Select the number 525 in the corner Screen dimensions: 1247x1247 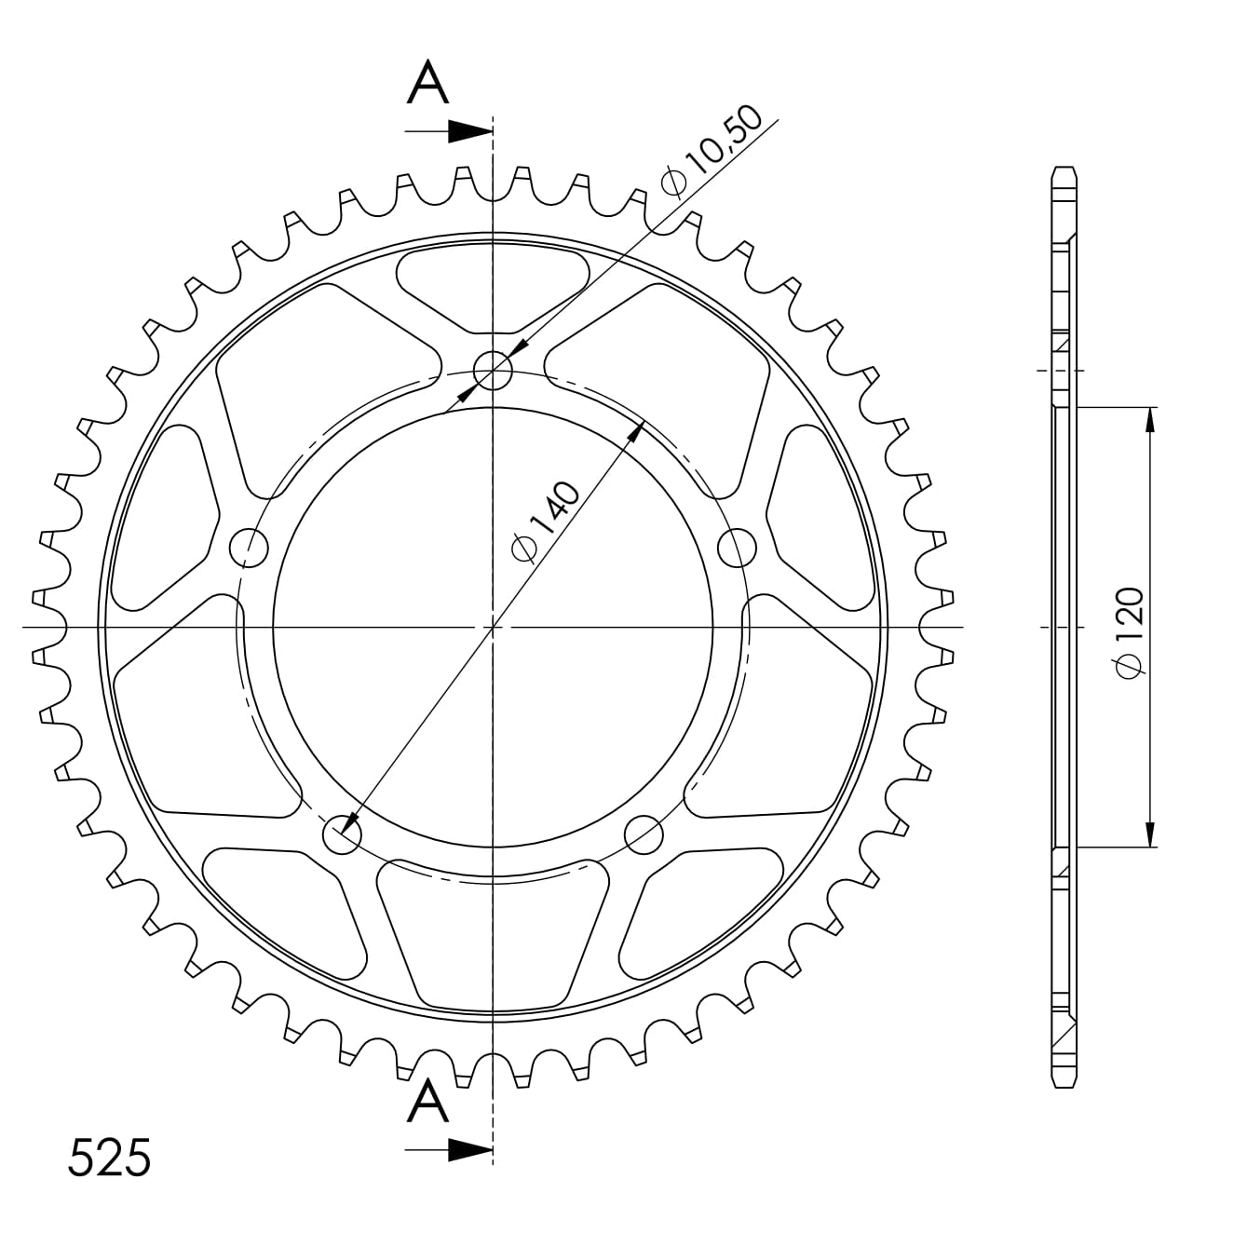click(x=110, y=1159)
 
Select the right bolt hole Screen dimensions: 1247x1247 click(x=738, y=546)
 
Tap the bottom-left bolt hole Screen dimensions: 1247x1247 click(x=341, y=834)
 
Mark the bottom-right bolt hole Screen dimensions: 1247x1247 click(x=644, y=834)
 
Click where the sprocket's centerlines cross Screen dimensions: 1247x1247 click(x=493, y=627)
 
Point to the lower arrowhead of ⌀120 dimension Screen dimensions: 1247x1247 click(x=1151, y=834)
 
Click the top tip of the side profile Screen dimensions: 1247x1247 click(x=1064, y=169)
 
